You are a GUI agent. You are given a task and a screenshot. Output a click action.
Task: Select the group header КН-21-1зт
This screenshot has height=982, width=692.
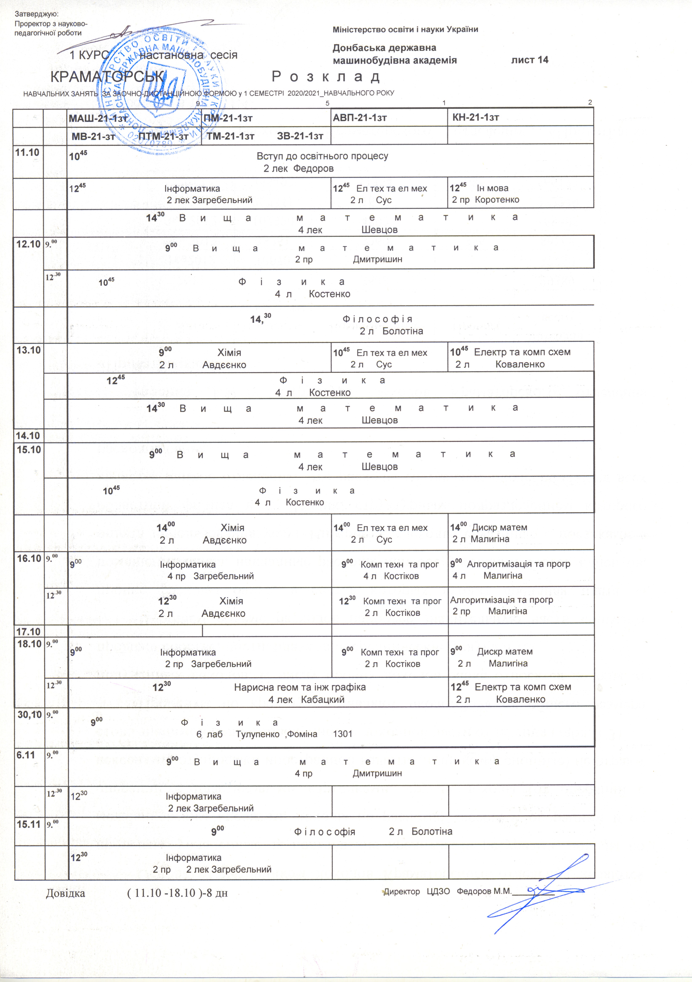point(475,118)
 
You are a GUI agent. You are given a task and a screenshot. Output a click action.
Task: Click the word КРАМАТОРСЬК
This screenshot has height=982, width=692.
point(107,77)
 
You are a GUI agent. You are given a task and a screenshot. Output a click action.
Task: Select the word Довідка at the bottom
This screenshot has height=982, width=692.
point(65,893)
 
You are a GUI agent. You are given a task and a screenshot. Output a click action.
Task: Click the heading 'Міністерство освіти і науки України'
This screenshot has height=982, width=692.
point(405,29)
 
